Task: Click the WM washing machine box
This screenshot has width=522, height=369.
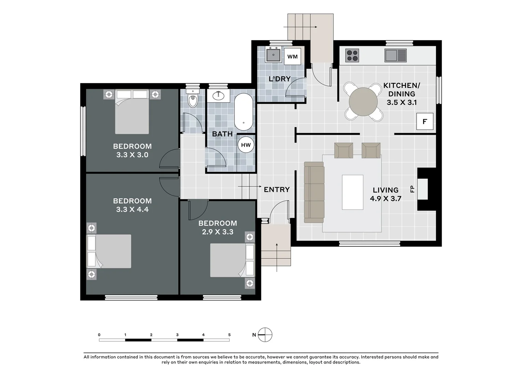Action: [292, 57]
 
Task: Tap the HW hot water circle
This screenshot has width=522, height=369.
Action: [246, 145]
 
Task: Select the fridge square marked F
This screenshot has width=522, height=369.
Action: [425, 121]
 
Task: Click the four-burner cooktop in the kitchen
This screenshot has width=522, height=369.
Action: [352, 55]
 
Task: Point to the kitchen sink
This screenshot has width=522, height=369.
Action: [395, 55]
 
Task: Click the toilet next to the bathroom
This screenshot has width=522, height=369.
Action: [193, 99]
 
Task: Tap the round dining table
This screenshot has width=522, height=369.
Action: [363, 102]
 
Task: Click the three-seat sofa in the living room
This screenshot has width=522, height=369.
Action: [314, 192]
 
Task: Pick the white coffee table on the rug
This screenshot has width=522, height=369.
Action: [352, 192]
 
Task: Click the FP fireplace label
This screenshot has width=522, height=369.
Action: [412, 189]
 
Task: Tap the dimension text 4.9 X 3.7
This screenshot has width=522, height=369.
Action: [386, 199]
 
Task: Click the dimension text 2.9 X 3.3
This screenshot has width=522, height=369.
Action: [217, 232]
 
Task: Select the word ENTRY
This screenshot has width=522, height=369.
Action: [277, 190]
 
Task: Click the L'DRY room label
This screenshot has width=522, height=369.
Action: [279, 79]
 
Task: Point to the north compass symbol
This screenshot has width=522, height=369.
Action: [265, 335]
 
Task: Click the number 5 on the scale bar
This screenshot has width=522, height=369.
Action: [229, 335]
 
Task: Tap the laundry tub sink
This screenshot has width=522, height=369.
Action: [273, 55]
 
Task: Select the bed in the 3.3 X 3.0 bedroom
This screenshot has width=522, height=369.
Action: [132, 112]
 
